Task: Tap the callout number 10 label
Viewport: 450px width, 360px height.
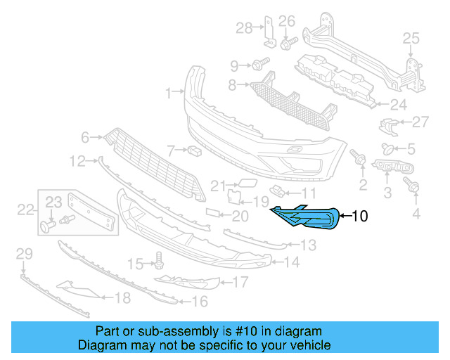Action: click(359, 217)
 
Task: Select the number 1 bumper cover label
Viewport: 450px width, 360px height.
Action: click(169, 92)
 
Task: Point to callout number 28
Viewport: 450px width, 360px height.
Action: click(244, 28)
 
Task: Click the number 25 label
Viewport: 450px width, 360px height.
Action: click(410, 37)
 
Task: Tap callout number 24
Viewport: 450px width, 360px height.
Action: click(399, 105)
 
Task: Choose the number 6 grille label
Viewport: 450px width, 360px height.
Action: click(85, 137)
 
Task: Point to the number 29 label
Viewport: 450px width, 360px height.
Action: click(24, 254)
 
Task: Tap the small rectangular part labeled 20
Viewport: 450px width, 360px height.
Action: click(214, 213)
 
